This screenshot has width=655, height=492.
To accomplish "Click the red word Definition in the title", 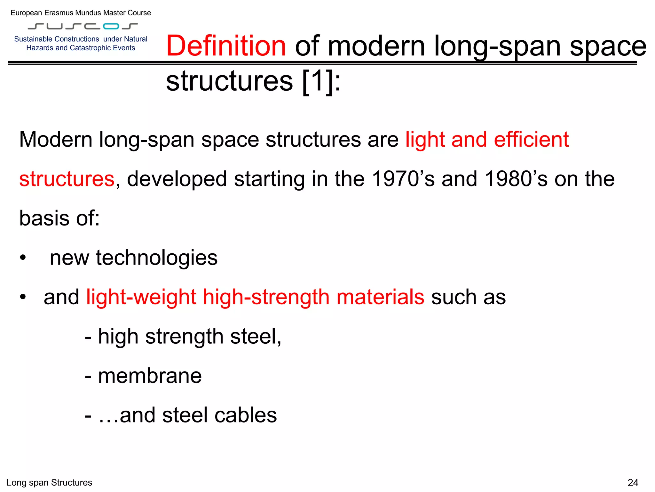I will pyautogui.click(x=226, y=46).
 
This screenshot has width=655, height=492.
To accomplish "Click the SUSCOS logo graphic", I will pyautogui.click(x=83, y=26).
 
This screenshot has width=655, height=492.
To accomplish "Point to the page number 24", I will pyautogui.click(x=633, y=482).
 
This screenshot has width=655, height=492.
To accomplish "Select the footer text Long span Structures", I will pyautogui.click(x=49, y=482).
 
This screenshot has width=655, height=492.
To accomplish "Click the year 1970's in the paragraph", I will pyautogui.click(x=404, y=179).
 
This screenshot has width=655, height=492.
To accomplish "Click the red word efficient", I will pyautogui.click(x=531, y=140).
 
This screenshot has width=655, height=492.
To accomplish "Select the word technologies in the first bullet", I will pyautogui.click(x=157, y=258).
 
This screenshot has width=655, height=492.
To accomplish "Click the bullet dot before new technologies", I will pyautogui.click(x=22, y=258).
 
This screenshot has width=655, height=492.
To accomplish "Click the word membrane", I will pyautogui.click(x=150, y=376).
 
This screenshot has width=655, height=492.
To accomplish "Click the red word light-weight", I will pyautogui.click(x=141, y=297).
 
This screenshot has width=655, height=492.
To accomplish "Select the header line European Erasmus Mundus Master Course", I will pyautogui.click(x=81, y=13).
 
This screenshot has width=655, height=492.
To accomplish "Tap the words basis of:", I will pyautogui.click(x=59, y=218).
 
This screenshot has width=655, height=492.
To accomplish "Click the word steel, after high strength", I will pyautogui.click(x=256, y=336).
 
